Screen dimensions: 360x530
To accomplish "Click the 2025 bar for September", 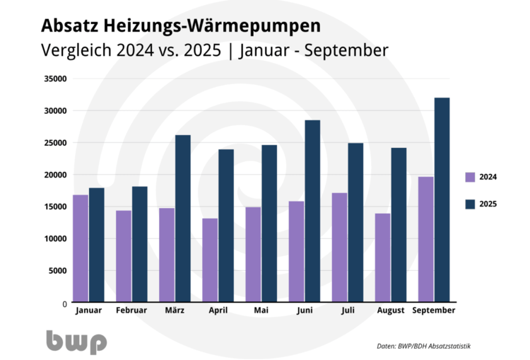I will tap(442, 200).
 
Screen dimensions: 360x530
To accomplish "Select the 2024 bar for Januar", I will tap(80, 248).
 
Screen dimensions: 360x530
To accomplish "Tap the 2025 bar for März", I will tap(182, 219).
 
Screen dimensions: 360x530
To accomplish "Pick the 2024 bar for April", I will tap(210, 260).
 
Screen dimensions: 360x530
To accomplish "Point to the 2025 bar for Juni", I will tap(312, 211).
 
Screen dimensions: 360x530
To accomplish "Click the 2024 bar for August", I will tap(382, 257).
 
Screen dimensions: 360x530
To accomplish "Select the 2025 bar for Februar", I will tap(139, 244).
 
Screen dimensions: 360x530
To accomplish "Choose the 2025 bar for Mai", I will tap(269, 223).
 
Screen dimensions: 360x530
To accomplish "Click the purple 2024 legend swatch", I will tap(470, 176).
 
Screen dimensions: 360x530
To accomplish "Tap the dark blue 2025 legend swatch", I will tap(470, 204).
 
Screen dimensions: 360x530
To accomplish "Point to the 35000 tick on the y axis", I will tap(54, 79).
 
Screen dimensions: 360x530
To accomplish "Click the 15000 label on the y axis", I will tap(54, 207).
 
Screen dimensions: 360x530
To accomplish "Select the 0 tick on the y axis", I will tap(63, 303).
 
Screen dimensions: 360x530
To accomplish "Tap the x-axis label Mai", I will tap(261, 310).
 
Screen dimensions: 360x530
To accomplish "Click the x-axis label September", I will tap(433, 310).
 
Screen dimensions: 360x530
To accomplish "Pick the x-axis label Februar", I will tap(131, 310).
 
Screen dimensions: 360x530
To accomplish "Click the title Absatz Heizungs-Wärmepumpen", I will tap(180, 26).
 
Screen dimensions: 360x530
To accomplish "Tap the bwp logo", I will tap(76, 342).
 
